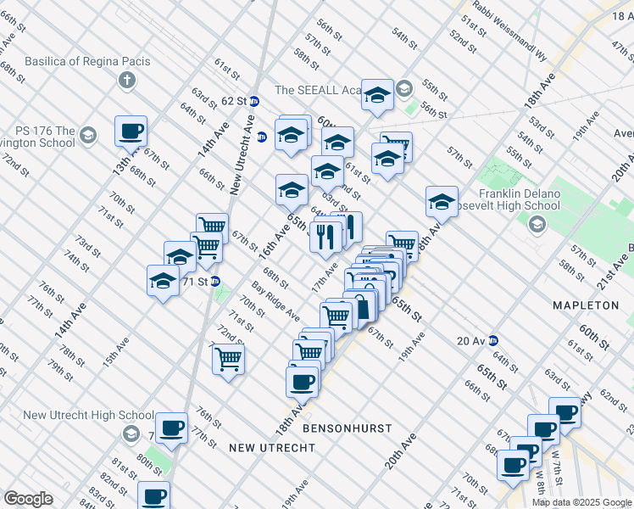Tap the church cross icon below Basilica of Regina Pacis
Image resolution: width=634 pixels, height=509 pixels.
126,81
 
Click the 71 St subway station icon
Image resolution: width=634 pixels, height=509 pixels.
215,281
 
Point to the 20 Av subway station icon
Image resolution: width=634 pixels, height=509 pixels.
492,340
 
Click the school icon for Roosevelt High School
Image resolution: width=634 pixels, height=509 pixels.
536,224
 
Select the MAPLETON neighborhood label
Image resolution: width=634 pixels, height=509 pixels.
586,305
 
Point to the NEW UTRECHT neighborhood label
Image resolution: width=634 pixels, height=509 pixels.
265,447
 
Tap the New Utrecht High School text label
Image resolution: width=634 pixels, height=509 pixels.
76,415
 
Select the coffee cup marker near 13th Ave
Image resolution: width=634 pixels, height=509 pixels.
131,131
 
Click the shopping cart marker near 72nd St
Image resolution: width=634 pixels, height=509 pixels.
228,359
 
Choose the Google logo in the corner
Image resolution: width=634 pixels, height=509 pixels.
28,499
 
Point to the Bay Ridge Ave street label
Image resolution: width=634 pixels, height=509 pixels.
275,302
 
